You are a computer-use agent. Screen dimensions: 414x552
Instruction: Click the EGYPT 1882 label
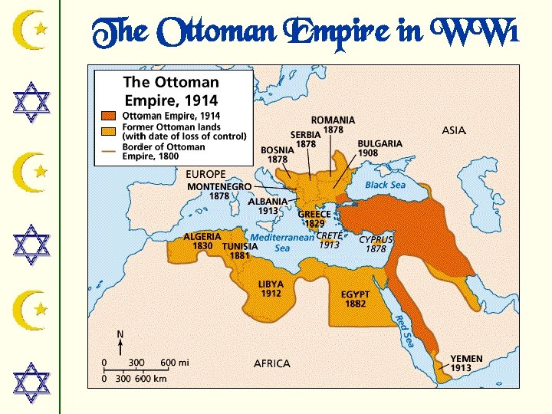pyautogui.click(x=355, y=299)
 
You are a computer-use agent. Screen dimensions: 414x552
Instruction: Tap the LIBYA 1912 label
pyautogui.click(x=271, y=288)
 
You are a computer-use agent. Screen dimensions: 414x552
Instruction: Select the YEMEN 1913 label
pyautogui.click(x=466, y=363)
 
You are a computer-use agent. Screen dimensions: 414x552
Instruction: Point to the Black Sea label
pyautogui.click(x=386, y=185)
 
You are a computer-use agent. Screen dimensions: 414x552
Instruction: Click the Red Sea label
pyautogui.click(x=403, y=330)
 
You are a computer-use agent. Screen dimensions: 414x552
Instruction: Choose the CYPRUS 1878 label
pyautogui.click(x=376, y=244)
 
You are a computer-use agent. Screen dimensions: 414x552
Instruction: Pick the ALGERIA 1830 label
pyautogui.click(x=202, y=242)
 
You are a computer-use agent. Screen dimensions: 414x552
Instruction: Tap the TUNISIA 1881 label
pyautogui.click(x=240, y=251)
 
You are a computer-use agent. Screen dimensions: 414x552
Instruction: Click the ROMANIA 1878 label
pyautogui.click(x=333, y=125)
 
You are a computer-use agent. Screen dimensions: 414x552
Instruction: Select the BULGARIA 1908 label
pyautogui.click(x=379, y=148)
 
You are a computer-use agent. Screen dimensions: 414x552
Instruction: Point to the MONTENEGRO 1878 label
pyautogui.click(x=219, y=191)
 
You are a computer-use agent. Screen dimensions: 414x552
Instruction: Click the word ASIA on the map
pyautogui.click(x=454, y=131)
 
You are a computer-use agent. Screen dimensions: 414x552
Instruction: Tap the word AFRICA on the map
pyautogui.click(x=272, y=363)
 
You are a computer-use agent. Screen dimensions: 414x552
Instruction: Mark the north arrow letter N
pyautogui.click(x=120, y=334)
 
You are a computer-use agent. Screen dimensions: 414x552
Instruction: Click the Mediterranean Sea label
pyautogui.click(x=281, y=242)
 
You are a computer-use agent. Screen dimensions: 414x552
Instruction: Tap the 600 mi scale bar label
pyautogui.click(x=174, y=362)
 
